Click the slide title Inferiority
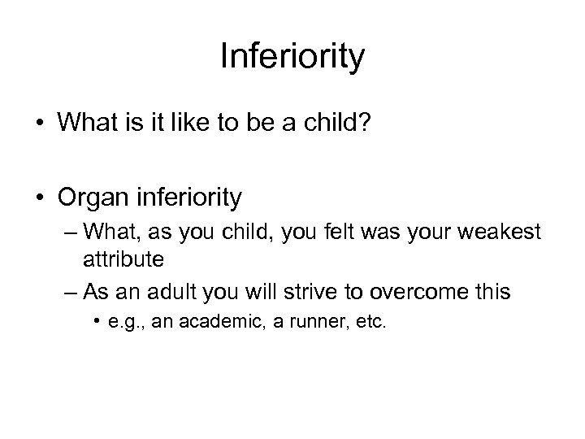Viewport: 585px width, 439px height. coord(292,58)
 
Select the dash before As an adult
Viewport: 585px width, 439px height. coord(69,292)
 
